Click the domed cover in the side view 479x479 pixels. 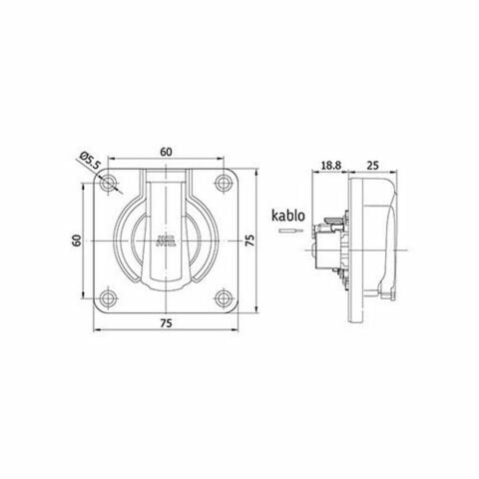coord(379,239)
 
